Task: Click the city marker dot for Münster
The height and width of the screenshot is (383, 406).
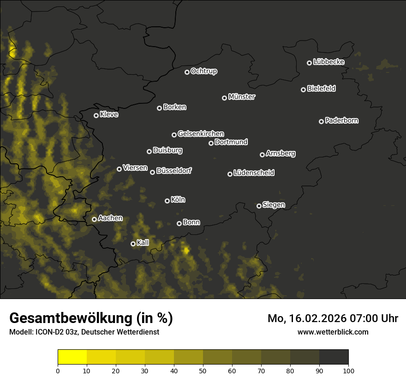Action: click(225, 98)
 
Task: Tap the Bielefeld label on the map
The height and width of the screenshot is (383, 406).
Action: click(321, 89)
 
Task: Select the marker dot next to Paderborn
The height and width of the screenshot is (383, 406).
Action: click(322, 121)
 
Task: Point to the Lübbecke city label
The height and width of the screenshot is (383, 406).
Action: click(328, 62)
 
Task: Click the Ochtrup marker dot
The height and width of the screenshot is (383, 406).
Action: click(187, 72)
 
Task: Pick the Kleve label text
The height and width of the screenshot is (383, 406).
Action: click(109, 114)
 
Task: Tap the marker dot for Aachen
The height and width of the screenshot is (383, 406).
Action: click(95, 219)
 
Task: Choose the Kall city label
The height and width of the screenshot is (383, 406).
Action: click(143, 243)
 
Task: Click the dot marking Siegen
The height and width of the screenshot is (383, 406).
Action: click(259, 206)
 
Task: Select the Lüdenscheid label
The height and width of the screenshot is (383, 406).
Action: click(254, 173)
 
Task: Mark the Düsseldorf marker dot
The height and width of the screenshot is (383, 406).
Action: click(153, 172)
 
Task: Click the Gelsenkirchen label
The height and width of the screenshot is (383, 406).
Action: click(201, 134)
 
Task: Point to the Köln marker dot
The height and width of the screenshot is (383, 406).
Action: click(167, 201)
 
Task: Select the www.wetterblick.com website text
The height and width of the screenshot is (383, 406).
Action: click(333, 332)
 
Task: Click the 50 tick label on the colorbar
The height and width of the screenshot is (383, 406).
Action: click(203, 371)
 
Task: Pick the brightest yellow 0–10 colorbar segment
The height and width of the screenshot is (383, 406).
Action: click(72, 357)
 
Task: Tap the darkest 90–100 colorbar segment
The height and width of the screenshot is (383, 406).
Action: click(334, 357)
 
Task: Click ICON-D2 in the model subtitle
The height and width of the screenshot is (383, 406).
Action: click(47, 332)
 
